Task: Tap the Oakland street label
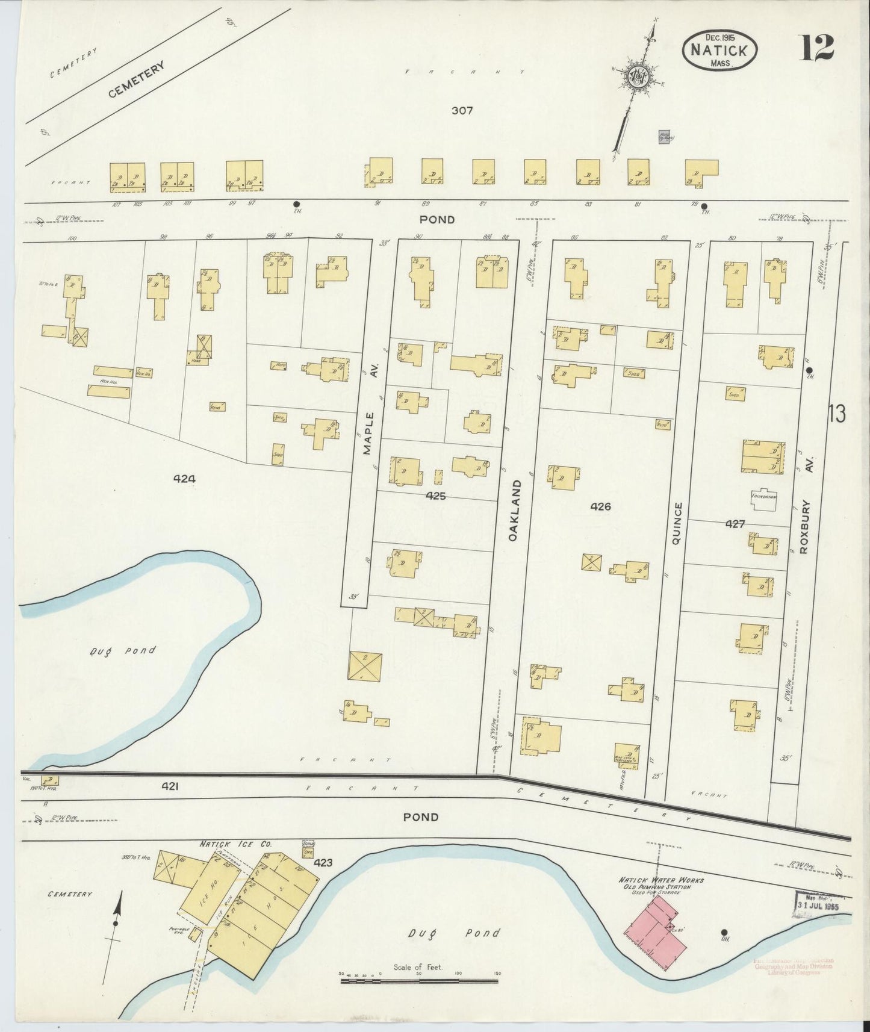pos(514,509)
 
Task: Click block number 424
pos(184,479)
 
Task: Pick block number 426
pos(600,507)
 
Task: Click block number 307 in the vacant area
pos(462,111)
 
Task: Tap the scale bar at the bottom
pos(419,981)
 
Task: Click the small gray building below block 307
pos(665,137)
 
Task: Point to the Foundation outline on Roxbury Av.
pos(764,498)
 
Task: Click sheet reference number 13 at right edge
pos(836,414)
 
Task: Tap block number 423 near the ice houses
pos(323,863)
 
